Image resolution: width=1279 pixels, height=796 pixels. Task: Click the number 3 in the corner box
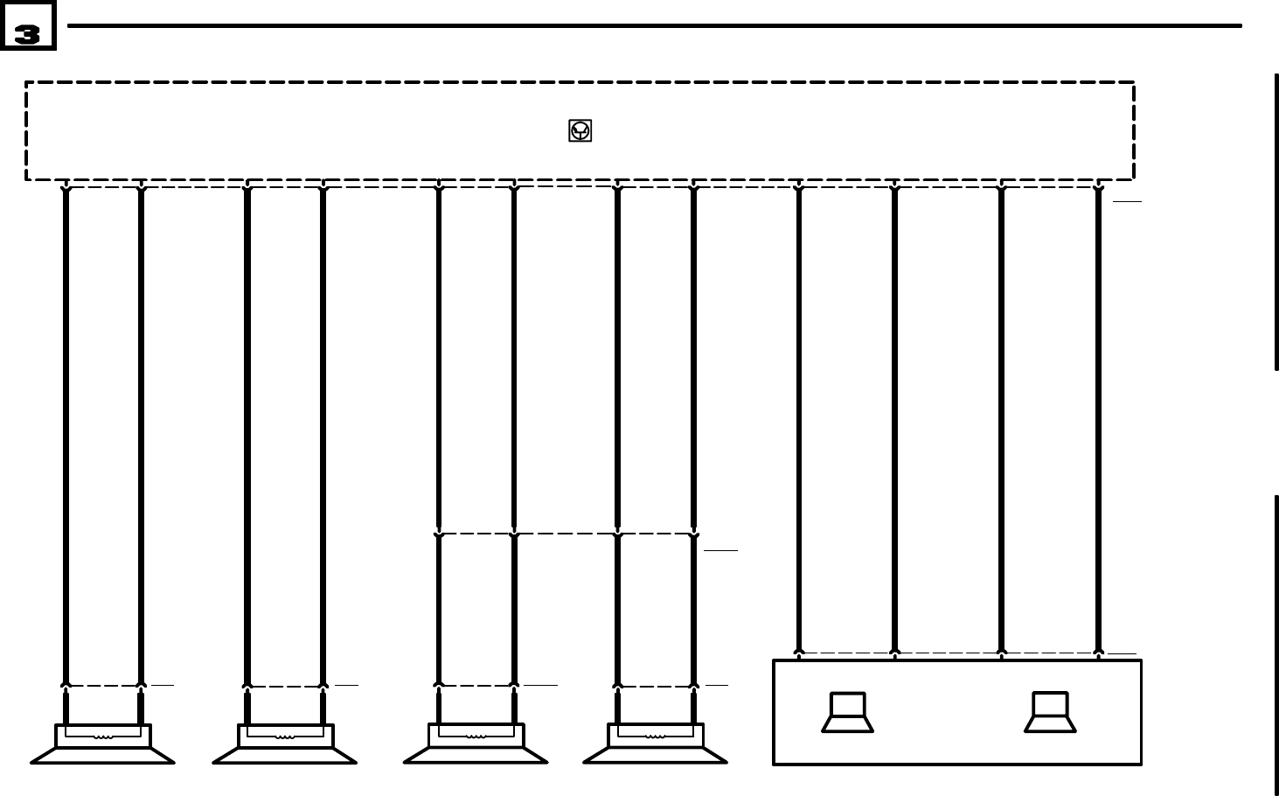(27, 33)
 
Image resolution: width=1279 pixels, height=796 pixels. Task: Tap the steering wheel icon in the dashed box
(580, 130)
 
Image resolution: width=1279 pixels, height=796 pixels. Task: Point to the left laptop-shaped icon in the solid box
(847, 712)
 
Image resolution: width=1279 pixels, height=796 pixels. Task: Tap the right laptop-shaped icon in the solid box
(1050, 712)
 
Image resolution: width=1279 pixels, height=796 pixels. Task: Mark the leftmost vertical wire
(66, 437)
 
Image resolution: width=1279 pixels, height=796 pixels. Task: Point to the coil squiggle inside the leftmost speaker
(103, 737)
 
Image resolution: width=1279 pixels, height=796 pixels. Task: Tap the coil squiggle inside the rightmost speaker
(656, 737)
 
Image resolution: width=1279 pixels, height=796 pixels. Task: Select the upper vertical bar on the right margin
(1276, 222)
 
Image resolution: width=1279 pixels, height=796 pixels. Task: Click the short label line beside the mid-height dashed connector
(720, 550)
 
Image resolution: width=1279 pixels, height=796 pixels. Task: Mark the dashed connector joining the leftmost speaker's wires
(103, 686)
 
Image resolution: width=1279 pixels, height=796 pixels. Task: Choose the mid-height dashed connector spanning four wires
(567, 534)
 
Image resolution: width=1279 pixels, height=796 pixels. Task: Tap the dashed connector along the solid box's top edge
(949, 653)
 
